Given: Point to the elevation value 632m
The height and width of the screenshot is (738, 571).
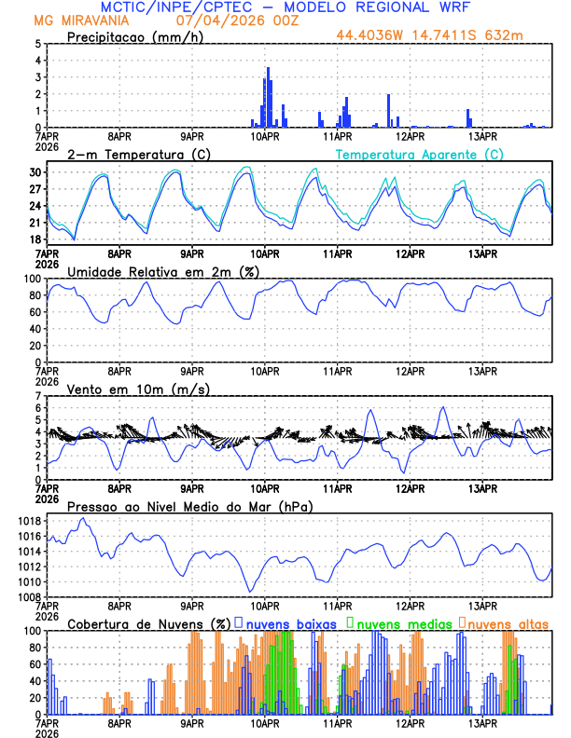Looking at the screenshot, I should [505, 36].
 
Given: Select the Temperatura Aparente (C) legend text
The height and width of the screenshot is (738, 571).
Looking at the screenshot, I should [420, 154].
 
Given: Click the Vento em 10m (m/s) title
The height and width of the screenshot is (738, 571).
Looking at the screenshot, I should [138, 389].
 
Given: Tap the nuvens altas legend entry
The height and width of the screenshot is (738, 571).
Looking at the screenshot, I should [507, 622].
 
